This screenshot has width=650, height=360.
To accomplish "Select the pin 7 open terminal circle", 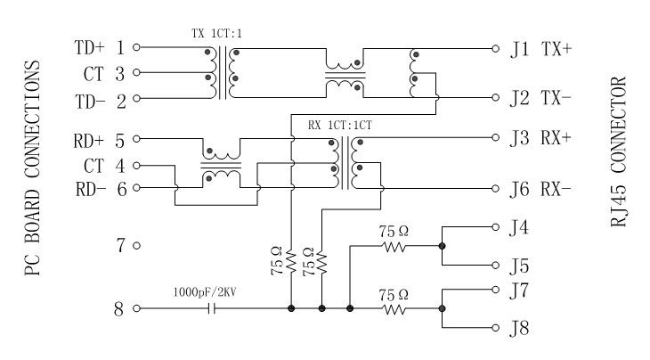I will click(x=136, y=244).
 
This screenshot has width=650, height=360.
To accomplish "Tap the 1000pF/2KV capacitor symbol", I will click(x=212, y=309).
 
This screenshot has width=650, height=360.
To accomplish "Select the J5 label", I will click(x=519, y=266).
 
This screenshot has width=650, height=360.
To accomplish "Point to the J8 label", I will click(x=519, y=330).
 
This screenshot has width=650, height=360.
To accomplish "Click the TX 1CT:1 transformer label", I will click(x=216, y=33).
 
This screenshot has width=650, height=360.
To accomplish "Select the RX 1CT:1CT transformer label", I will click(x=339, y=125).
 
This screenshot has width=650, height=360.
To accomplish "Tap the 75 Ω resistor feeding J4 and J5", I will click(x=394, y=247).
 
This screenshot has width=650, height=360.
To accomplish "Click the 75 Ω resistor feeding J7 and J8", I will click(x=394, y=309).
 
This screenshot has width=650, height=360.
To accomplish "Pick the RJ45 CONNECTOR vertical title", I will click(x=619, y=151).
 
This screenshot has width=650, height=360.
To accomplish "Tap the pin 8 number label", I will click(x=120, y=310).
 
